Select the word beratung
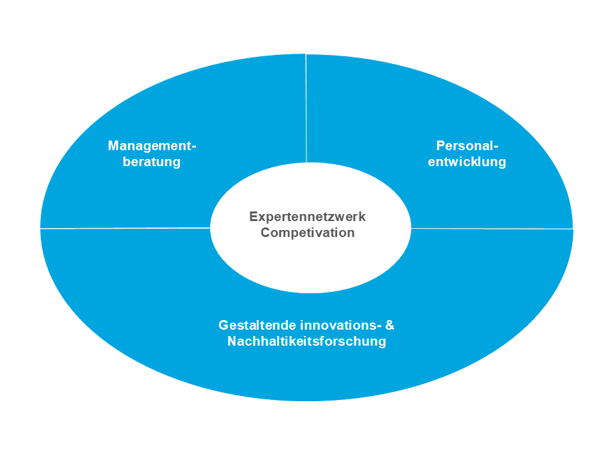point(152,162)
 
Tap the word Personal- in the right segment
point(467,146)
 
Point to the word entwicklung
point(467,162)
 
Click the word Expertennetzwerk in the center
point(307,217)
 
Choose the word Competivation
point(308,233)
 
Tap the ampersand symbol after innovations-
point(390,325)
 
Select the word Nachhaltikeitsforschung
point(307,341)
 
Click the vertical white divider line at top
point(306,109)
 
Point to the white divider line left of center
point(125,227)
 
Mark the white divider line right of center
point(492,229)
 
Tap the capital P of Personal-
point(441,146)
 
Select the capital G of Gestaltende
point(223,325)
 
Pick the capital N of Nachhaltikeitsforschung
point(232,341)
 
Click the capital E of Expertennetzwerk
point(254,217)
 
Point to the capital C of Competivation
point(266,233)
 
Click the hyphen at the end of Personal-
point(496,148)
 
